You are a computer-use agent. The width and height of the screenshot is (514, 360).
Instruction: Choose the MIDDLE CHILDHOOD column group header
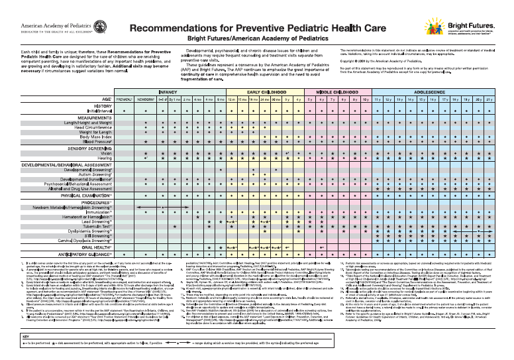337,93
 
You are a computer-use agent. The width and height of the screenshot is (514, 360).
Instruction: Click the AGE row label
105,99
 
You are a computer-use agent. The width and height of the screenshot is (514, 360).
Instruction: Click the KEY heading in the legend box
8,337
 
